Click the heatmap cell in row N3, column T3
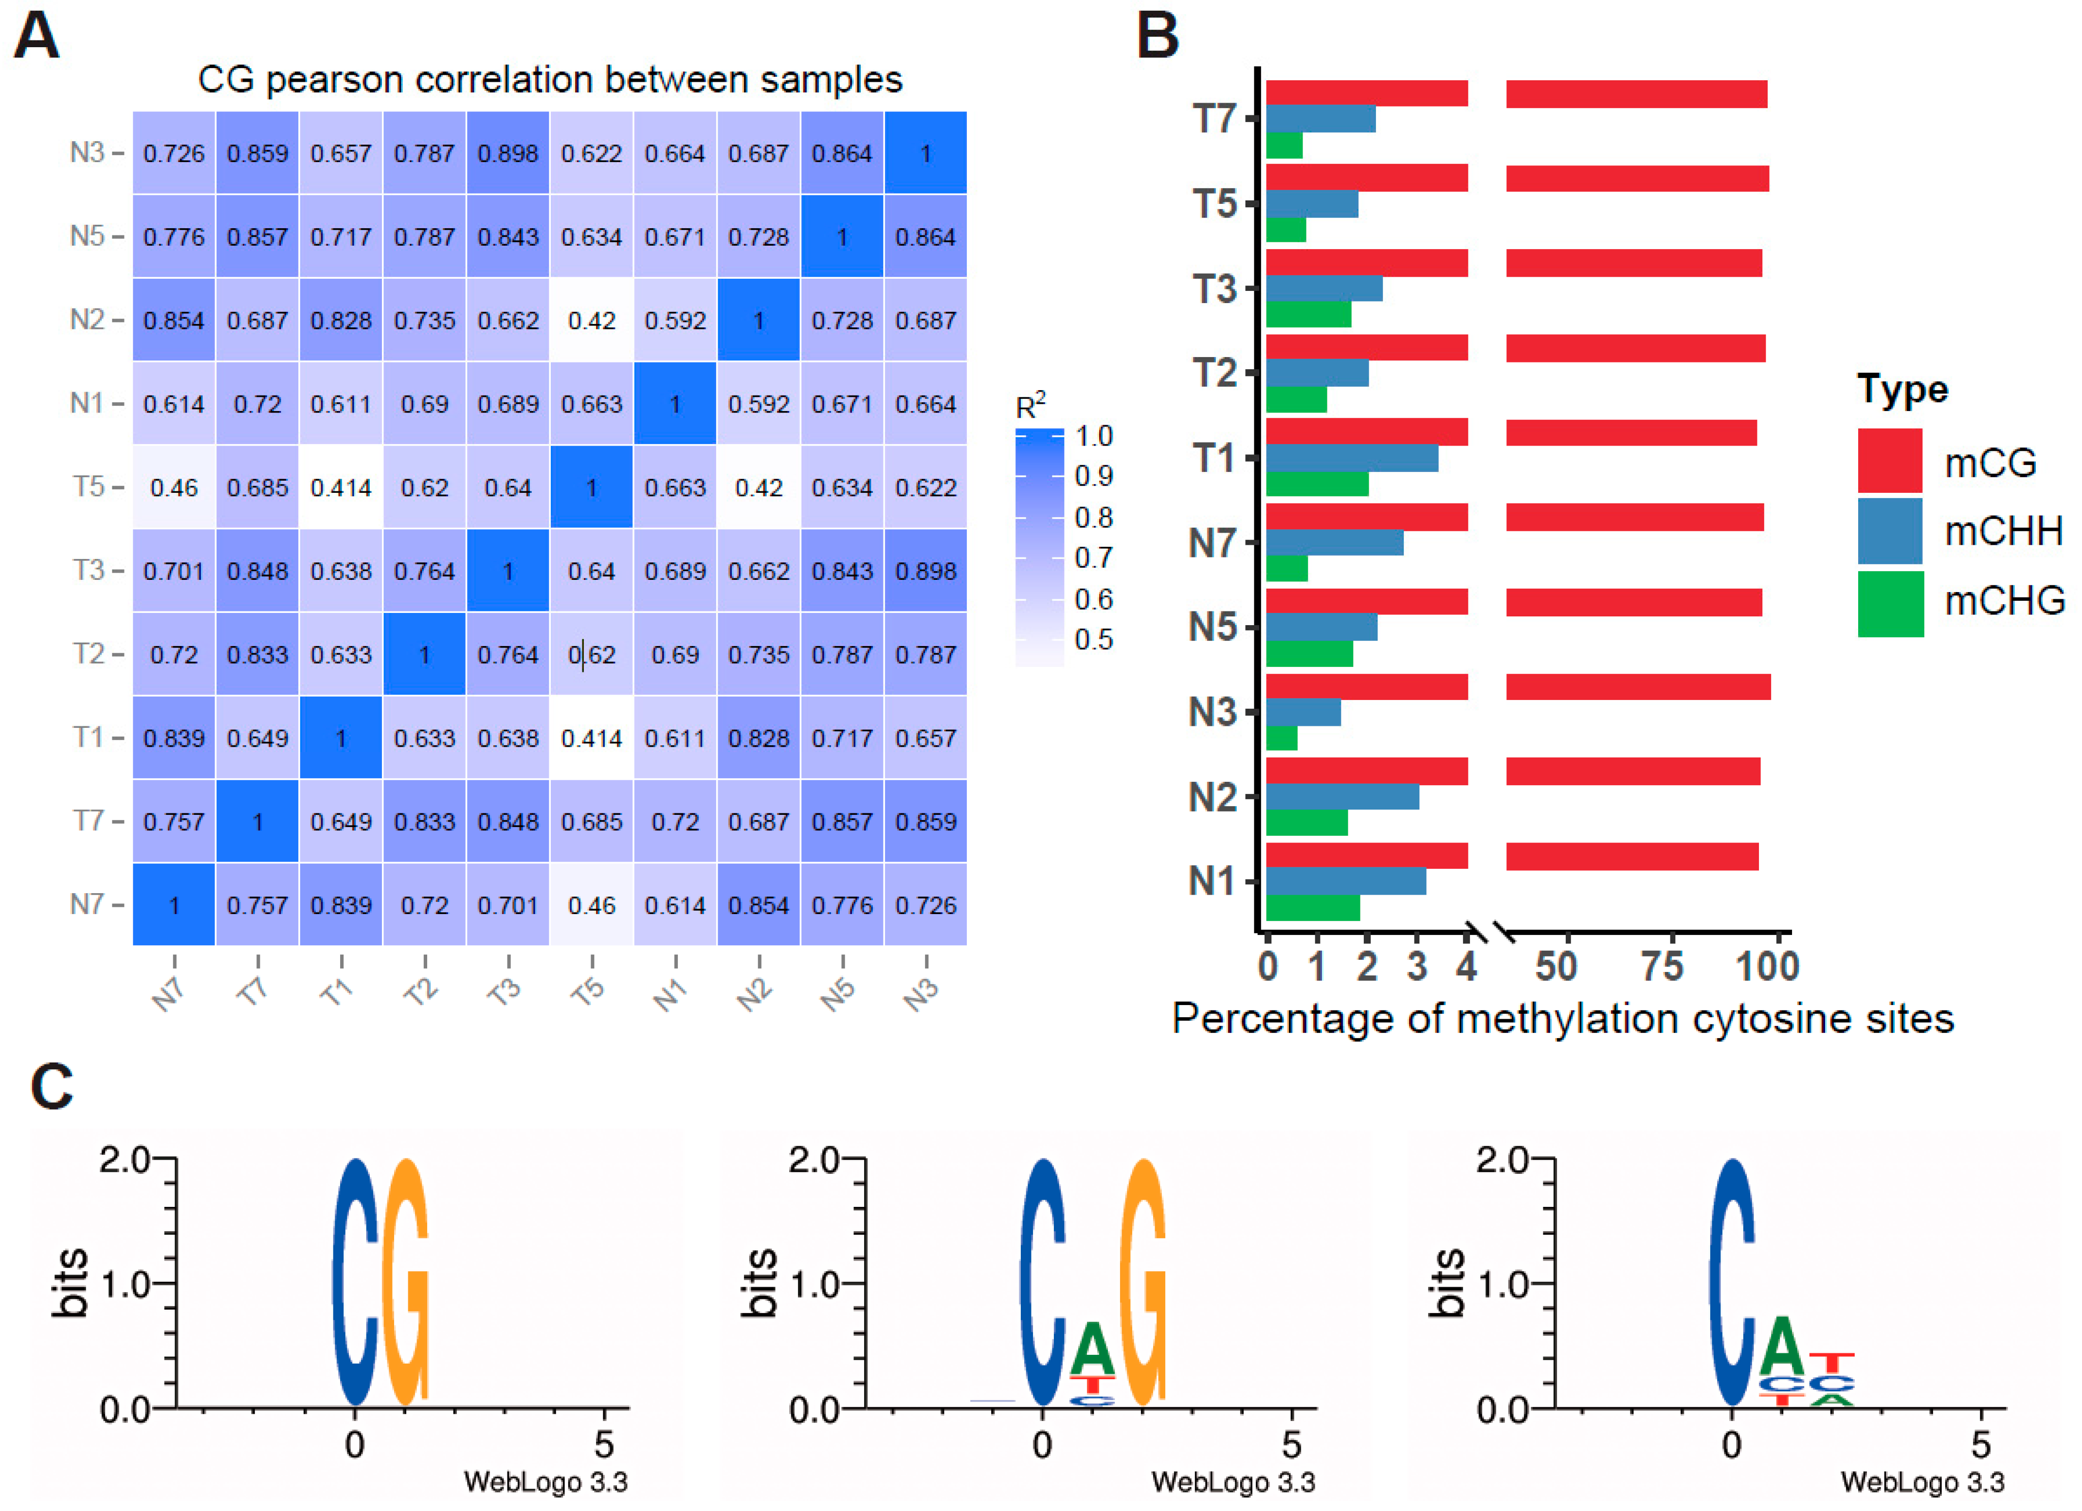point(507,153)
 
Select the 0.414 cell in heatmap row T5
point(341,487)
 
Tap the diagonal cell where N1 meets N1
point(675,404)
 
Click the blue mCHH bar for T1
point(1351,458)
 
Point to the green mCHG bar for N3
point(1282,738)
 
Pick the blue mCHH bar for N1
point(1346,881)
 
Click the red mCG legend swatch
point(1889,461)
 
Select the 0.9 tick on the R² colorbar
point(1093,475)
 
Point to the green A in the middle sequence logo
point(1092,1349)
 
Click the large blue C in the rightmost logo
point(1731,1283)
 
